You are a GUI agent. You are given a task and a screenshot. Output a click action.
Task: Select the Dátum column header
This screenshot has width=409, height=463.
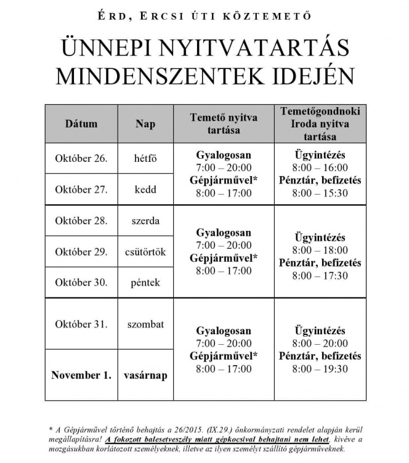pos(81,124)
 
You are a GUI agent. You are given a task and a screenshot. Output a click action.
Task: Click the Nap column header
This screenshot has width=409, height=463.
pos(145,124)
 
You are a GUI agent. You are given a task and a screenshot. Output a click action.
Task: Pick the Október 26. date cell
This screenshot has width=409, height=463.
pos(81,158)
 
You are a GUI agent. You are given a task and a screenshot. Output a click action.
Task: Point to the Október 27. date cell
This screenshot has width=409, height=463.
pos(81,189)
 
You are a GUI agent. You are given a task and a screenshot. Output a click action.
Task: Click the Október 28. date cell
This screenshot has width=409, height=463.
pos(81,220)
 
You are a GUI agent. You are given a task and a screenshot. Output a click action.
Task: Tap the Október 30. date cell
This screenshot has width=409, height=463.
pos(81,283)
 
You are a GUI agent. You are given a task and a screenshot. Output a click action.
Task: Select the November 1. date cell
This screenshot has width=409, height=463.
pos(81,375)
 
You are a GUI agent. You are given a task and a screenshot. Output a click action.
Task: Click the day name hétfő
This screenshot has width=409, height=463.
pos(145,158)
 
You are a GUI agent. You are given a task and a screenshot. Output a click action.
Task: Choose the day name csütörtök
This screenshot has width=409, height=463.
pos(145,252)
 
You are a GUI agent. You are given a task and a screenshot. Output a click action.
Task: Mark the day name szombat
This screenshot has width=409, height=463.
pos(145,324)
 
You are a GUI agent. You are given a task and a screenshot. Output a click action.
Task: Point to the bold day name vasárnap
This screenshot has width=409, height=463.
pos(145,375)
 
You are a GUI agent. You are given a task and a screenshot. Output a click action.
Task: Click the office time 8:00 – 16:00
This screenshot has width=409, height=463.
pos(320,167)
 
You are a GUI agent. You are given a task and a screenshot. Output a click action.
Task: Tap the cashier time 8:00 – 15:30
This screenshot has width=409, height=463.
pos(320,193)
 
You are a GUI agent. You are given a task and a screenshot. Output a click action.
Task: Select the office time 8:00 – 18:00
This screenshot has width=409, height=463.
pos(320,251)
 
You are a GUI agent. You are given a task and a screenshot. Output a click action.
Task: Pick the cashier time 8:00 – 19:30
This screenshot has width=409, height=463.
pos(320,369)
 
